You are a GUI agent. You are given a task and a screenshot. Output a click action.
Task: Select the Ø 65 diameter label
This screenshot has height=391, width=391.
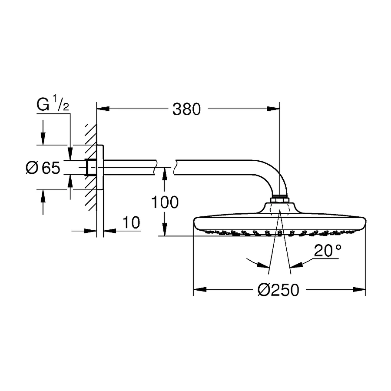(43, 168)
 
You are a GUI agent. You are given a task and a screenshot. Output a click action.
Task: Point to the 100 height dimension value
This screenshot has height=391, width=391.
(165, 202)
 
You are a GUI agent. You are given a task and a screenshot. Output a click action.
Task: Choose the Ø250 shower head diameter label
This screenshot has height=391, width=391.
(278, 290)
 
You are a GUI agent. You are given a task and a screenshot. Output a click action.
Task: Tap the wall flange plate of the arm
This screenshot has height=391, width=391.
(100, 167)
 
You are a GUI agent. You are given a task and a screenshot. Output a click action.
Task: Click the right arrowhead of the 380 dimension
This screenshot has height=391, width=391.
(275, 109)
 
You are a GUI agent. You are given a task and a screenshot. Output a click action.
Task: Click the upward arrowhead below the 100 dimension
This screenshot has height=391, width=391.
(165, 174)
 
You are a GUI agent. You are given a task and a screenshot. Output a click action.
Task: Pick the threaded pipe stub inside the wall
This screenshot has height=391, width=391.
(91, 167)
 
